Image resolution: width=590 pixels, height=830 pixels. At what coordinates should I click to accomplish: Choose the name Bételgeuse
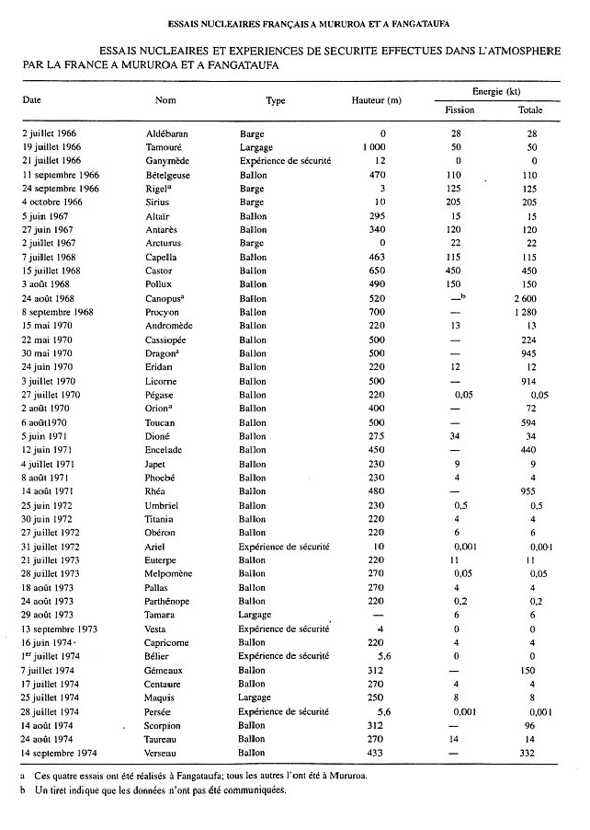(169, 174)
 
